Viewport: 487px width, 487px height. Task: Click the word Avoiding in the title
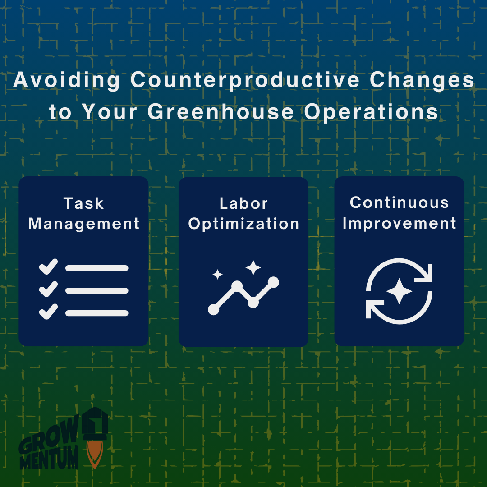(67, 81)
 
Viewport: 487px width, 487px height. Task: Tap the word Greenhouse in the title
(221, 112)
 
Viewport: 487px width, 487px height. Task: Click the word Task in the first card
(83, 203)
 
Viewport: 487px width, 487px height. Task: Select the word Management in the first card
(84, 224)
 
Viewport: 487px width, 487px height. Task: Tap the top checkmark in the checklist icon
(48, 266)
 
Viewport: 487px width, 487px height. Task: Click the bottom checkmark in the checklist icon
(48, 312)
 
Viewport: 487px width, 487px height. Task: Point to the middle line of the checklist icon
(97, 290)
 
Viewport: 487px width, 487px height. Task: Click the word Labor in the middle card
(243, 203)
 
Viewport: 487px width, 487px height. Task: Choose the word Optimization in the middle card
(243, 224)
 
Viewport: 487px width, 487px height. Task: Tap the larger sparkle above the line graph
(253, 267)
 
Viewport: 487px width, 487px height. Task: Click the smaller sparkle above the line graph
(218, 274)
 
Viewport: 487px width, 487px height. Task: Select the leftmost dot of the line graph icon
(213, 309)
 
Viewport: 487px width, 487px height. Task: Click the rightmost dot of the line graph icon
(273, 282)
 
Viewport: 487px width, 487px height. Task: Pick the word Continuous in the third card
(399, 202)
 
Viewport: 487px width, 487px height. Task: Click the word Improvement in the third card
(399, 223)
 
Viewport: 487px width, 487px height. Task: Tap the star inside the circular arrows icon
(399, 291)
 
